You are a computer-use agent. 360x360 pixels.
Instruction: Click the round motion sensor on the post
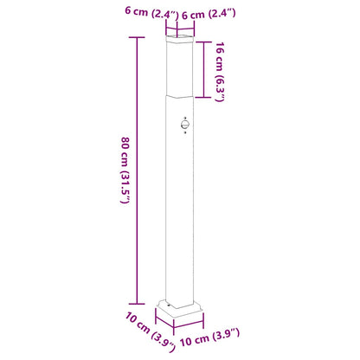click(x=184, y=125)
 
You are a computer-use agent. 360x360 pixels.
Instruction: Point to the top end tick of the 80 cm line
click(x=136, y=40)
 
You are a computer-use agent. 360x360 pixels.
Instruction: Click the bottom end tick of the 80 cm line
click(x=136, y=296)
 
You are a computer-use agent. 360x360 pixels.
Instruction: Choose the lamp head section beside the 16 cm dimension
click(x=179, y=69)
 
